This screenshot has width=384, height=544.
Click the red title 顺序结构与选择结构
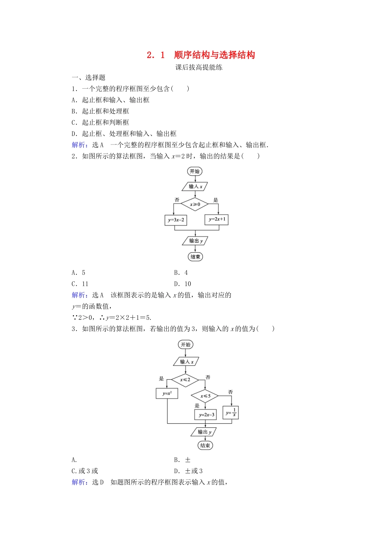[214, 55]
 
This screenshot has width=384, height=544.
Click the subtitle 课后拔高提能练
[199, 67]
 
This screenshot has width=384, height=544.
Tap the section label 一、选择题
[89, 77]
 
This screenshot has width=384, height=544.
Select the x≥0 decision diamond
[195, 204]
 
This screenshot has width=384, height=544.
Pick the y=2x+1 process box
[217, 219]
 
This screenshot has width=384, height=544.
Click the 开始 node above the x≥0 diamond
[195, 171]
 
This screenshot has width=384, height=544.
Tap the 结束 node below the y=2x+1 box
[195, 257]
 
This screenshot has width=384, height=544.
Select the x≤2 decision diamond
[185, 380]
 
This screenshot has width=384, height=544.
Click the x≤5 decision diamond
[205, 396]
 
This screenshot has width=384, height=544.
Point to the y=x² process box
[167, 393]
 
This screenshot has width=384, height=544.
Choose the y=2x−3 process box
[205, 414]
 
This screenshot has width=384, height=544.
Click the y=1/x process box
[231, 413]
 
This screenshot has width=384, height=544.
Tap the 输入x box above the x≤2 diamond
[186, 361]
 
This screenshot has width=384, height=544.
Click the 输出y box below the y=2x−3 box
[204, 432]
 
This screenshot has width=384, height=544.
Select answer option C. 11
[80, 284]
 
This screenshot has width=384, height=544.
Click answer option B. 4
[181, 272]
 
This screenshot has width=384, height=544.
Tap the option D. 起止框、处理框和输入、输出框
[124, 134]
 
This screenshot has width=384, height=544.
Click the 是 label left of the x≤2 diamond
[161, 378]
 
